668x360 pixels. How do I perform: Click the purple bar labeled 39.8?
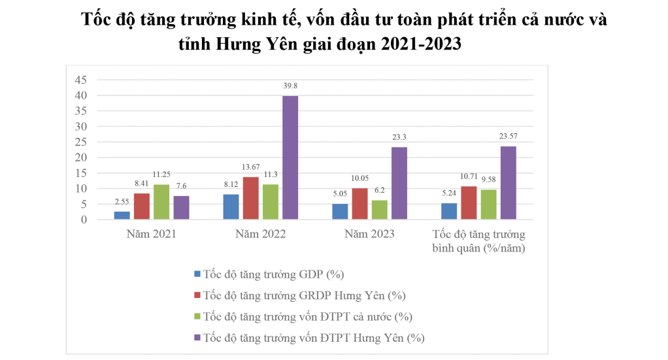[290, 157]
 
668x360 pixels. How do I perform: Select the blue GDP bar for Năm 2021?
[122, 215]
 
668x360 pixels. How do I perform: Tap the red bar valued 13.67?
[250, 198]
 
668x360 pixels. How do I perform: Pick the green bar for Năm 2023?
[379, 210]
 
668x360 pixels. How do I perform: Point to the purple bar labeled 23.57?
[508, 183]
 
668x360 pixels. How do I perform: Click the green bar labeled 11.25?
[161, 202]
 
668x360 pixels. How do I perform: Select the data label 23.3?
[399, 138]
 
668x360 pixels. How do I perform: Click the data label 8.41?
[141, 184]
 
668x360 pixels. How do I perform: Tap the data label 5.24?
[449, 194]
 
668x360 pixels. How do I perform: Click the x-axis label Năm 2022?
[261, 233]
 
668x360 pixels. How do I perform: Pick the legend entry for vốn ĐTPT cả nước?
[307, 317]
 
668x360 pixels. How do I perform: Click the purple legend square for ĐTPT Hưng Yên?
[198, 338]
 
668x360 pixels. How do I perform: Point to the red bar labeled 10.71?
[469, 203]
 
